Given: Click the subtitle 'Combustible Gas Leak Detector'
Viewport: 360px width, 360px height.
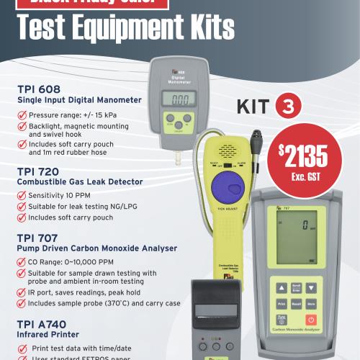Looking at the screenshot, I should (x=80, y=182).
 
